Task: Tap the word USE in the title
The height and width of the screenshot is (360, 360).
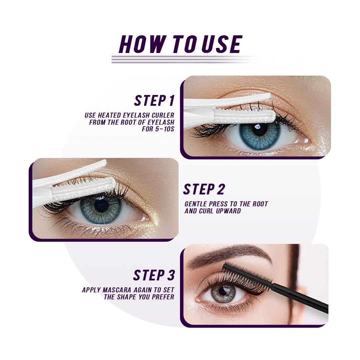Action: pyautogui.click(x=221, y=44)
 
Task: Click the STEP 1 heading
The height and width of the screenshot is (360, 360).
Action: pyautogui.click(x=154, y=101)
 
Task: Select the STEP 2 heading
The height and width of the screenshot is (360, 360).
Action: pyautogui.click(x=204, y=189)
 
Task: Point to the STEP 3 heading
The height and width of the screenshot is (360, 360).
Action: pyautogui.click(x=154, y=275)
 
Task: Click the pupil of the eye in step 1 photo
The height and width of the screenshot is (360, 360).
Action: pyautogui.click(x=260, y=130)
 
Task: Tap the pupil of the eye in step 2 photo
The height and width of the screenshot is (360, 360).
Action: pyautogui.click(x=101, y=205)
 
